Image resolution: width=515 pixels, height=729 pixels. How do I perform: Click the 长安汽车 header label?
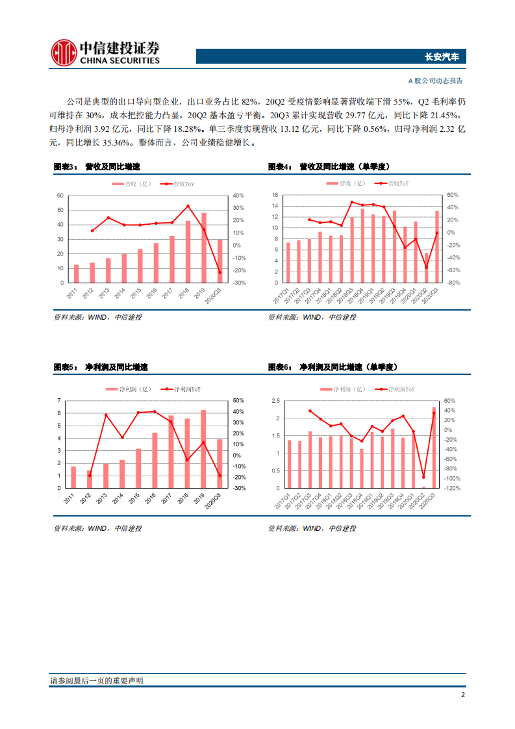point(441,57)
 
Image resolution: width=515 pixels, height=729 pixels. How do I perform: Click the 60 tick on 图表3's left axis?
point(60,196)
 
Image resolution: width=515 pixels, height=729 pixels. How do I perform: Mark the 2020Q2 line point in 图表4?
point(426,268)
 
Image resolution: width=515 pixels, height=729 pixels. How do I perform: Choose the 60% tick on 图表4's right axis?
point(453,195)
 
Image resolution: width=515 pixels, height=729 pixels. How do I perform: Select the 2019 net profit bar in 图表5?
point(203,449)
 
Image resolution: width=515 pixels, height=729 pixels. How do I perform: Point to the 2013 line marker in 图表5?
point(105,415)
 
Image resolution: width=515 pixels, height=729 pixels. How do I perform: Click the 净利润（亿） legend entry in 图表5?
point(128,389)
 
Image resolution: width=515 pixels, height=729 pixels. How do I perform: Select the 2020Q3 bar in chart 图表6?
point(434,448)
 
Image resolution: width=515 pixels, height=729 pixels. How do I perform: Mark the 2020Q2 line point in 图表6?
point(424,478)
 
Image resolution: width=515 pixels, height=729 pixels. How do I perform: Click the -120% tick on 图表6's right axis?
point(453,488)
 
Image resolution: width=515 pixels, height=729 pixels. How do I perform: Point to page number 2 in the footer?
point(462,695)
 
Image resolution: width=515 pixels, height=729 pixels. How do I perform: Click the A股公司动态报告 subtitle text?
point(435,81)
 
